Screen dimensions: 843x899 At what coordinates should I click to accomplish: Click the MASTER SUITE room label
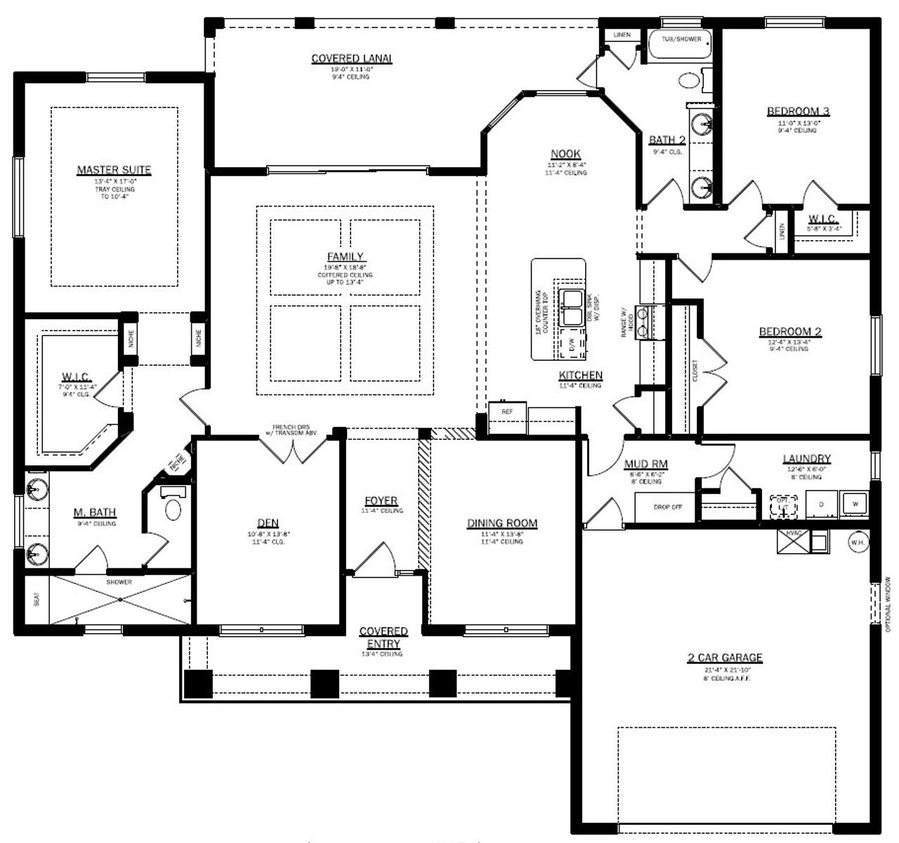(114, 170)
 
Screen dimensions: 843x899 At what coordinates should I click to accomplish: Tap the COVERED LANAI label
(351, 58)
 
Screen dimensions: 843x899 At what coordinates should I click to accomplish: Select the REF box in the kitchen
(506, 411)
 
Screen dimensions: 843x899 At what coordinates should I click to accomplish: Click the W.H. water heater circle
(857, 542)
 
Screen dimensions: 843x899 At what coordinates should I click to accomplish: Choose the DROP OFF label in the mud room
(667, 507)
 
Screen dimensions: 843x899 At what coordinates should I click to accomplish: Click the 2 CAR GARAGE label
(725, 658)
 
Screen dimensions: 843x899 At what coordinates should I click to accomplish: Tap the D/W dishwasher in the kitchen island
(572, 345)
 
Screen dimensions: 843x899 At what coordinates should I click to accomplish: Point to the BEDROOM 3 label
(798, 111)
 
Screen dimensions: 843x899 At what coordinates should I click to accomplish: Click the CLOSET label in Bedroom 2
(695, 370)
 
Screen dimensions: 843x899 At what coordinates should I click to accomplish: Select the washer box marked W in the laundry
(855, 503)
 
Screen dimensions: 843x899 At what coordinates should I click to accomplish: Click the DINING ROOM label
(502, 523)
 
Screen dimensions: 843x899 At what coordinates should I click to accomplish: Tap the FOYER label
(381, 500)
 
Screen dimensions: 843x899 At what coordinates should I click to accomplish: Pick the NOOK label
(565, 154)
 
